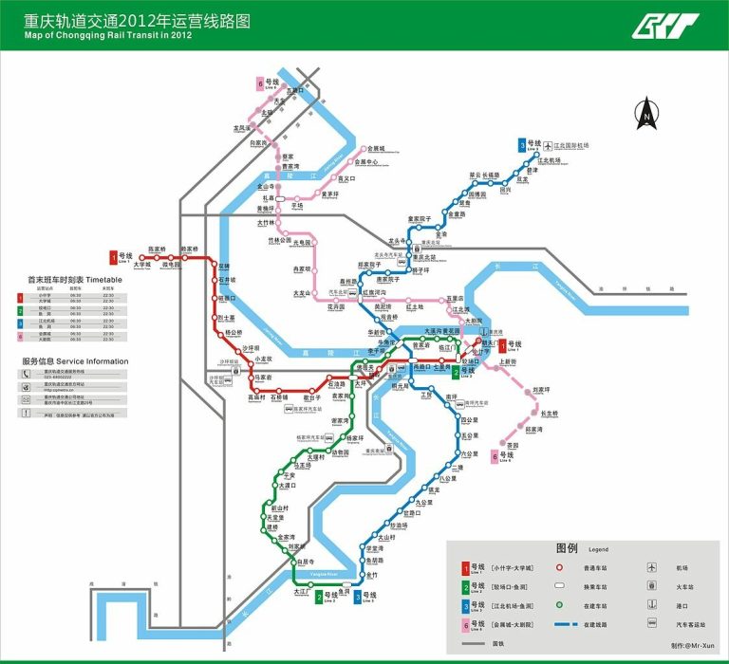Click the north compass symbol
coord(645,113)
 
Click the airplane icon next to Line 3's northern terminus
coord(548,145)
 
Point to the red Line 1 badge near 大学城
coord(114,257)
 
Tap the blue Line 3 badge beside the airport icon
coord(522,145)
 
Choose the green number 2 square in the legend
coord(465,586)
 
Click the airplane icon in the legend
coord(652,567)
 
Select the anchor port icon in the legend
coord(652,605)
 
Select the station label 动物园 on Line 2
coord(340,452)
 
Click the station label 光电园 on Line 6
coord(303,242)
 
